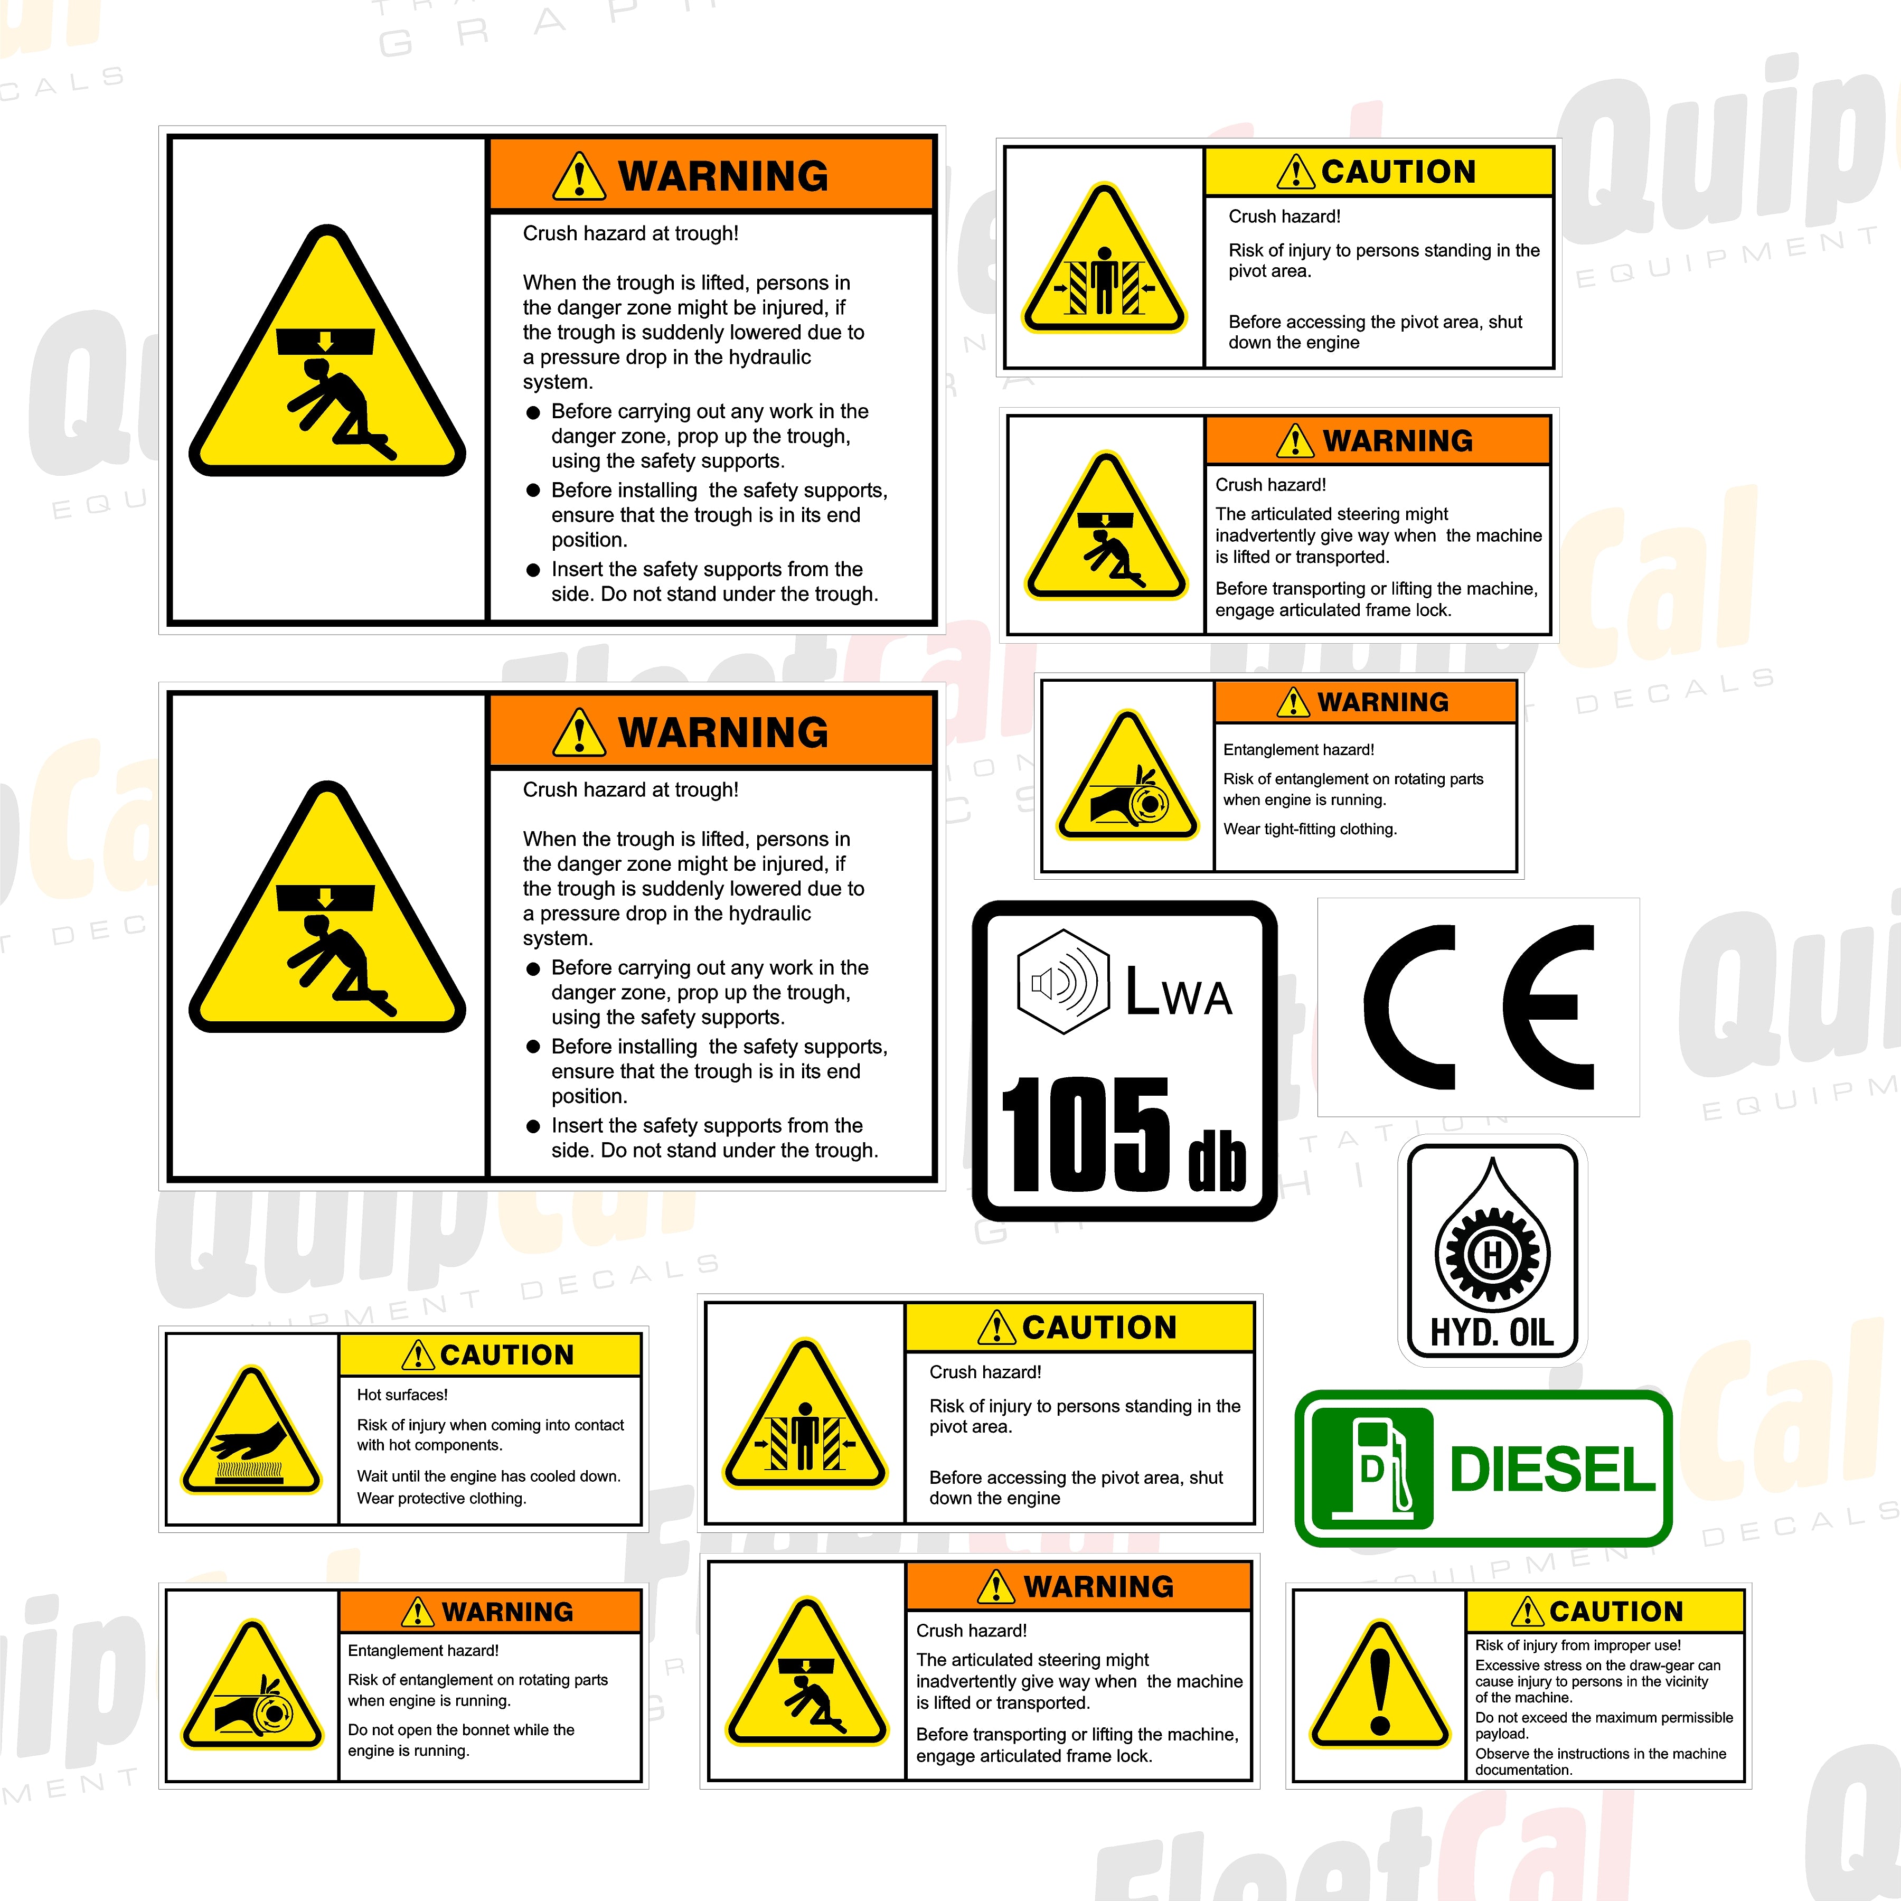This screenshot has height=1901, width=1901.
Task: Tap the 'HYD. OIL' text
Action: pos(1492,1333)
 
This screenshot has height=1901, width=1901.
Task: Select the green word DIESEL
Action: pos(1552,1469)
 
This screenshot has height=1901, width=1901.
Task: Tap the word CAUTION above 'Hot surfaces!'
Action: pos(507,1355)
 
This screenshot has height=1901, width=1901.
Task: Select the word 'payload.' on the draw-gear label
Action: pos(1501,1734)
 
